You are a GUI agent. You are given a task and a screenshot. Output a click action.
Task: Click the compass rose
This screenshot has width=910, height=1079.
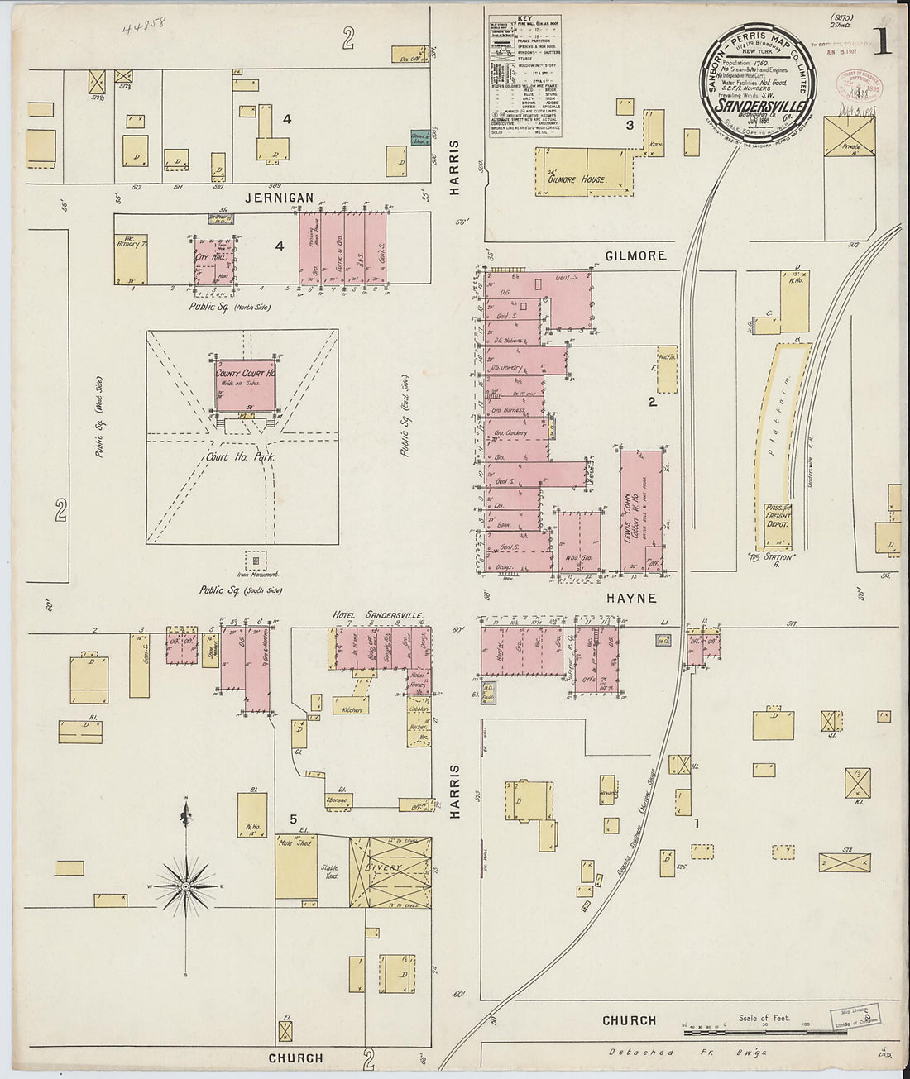pos(186,886)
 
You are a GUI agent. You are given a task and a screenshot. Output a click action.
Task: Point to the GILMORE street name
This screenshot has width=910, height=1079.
pos(635,256)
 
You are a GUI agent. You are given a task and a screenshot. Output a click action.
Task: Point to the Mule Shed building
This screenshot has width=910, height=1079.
pos(295,866)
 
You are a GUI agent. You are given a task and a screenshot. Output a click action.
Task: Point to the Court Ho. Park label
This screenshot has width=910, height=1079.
pos(242,456)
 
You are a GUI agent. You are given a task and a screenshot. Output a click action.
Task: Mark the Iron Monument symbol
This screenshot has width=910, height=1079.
pos(256,561)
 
